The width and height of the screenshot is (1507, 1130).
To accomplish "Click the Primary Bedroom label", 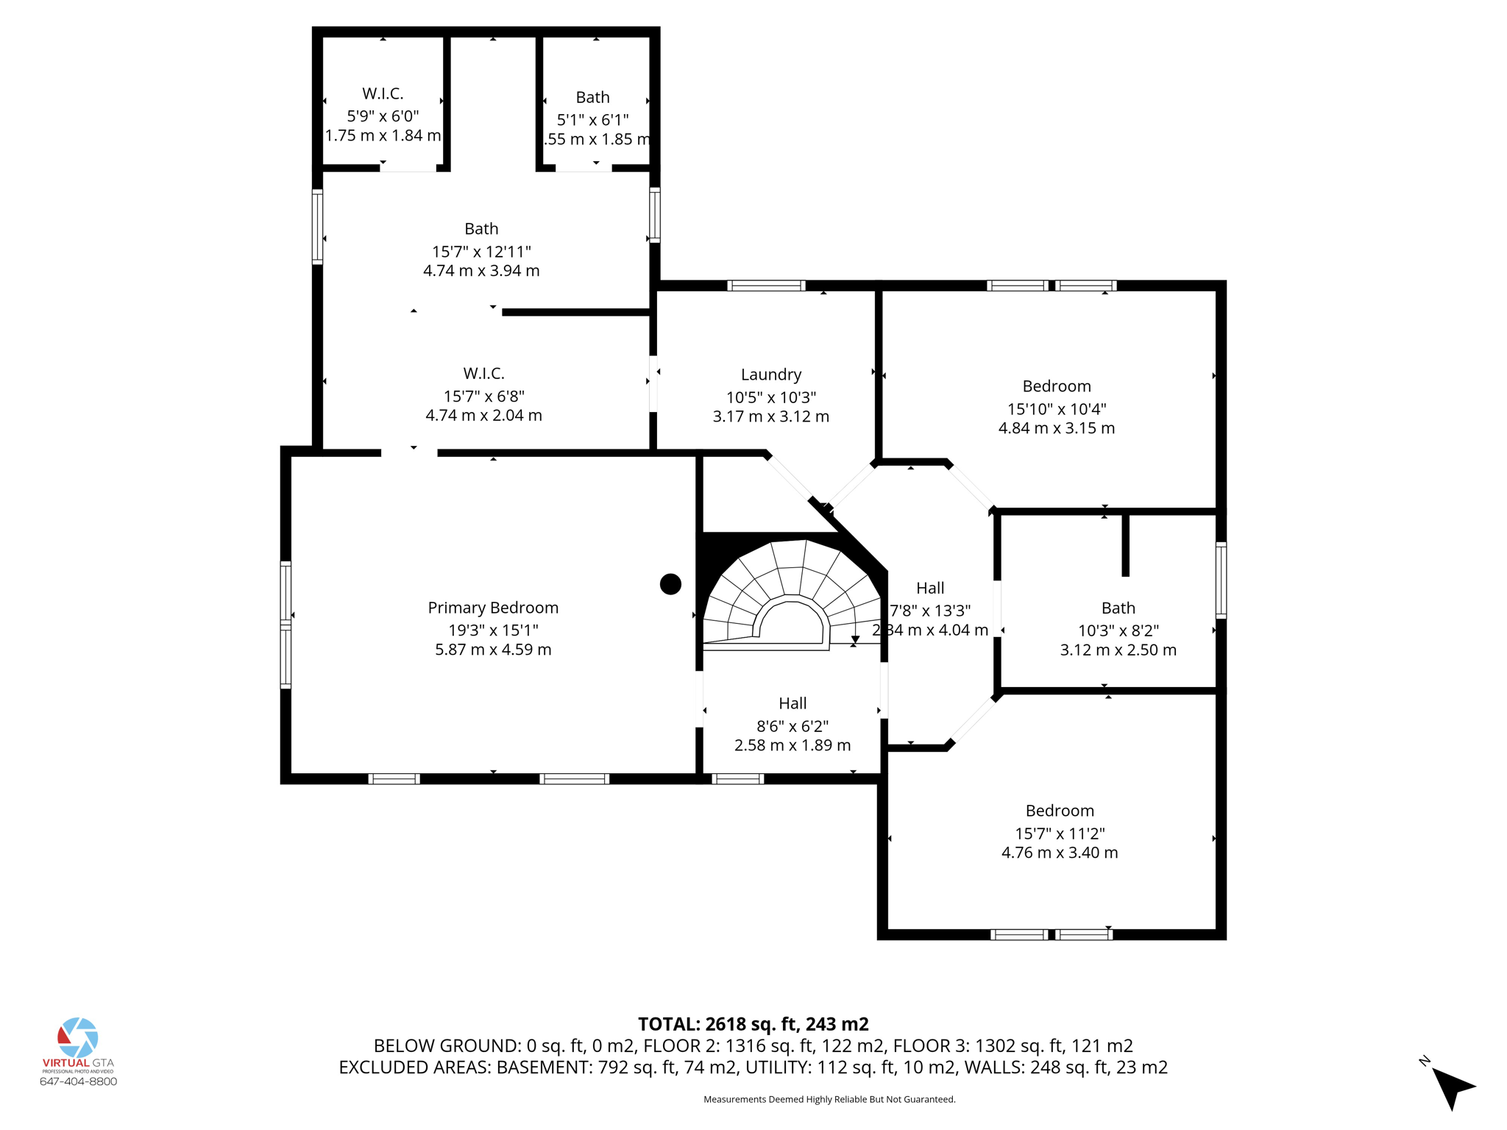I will click(x=493, y=608).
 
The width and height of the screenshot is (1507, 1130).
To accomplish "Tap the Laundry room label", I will click(x=770, y=374).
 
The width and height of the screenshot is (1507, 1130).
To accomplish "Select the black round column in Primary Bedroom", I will click(x=670, y=584).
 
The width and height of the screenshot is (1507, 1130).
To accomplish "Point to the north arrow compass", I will click(x=1450, y=1087).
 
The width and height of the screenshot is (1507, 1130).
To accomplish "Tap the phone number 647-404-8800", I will click(x=78, y=1081).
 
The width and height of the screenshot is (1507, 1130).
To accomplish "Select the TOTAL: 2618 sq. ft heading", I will click(x=753, y=1024).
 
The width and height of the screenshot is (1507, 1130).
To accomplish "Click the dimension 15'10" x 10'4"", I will click(x=1056, y=409).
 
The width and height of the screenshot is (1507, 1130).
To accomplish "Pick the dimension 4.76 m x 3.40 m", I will click(x=1059, y=853).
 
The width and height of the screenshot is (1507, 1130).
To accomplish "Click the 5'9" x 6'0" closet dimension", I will click(x=383, y=116).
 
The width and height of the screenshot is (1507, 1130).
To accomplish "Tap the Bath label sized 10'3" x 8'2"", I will click(x=1118, y=608).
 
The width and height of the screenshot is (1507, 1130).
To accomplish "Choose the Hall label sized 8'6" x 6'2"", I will click(x=792, y=703).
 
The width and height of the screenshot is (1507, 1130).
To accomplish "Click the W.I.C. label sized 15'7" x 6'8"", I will click(x=483, y=373).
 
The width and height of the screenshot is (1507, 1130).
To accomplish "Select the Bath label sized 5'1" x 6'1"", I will click(x=592, y=97).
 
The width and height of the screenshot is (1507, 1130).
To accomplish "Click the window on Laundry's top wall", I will click(x=766, y=285).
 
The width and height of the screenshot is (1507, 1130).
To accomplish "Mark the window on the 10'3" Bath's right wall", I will click(x=1221, y=580).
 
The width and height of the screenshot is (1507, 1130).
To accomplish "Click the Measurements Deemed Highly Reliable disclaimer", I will click(x=829, y=1099).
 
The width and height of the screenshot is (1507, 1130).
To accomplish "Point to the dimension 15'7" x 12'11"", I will click(x=481, y=252).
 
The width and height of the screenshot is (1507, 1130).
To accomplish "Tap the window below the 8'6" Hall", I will click(x=737, y=779).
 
